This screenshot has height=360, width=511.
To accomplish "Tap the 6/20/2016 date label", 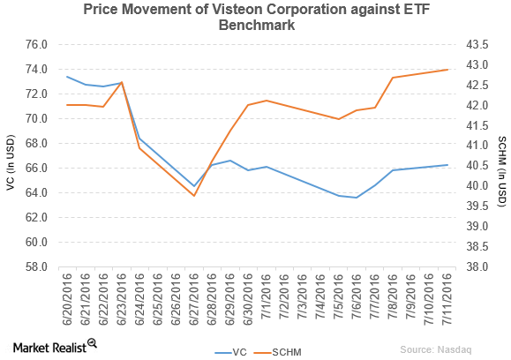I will click(x=68, y=296).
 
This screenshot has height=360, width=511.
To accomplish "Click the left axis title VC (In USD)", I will click(x=11, y=155).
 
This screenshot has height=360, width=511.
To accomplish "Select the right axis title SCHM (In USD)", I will click(x=502, y=155).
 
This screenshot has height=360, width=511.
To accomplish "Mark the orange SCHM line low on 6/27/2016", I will click(x=194, y=195).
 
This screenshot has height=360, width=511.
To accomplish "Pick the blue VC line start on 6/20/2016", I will click(x=68, y=77).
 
